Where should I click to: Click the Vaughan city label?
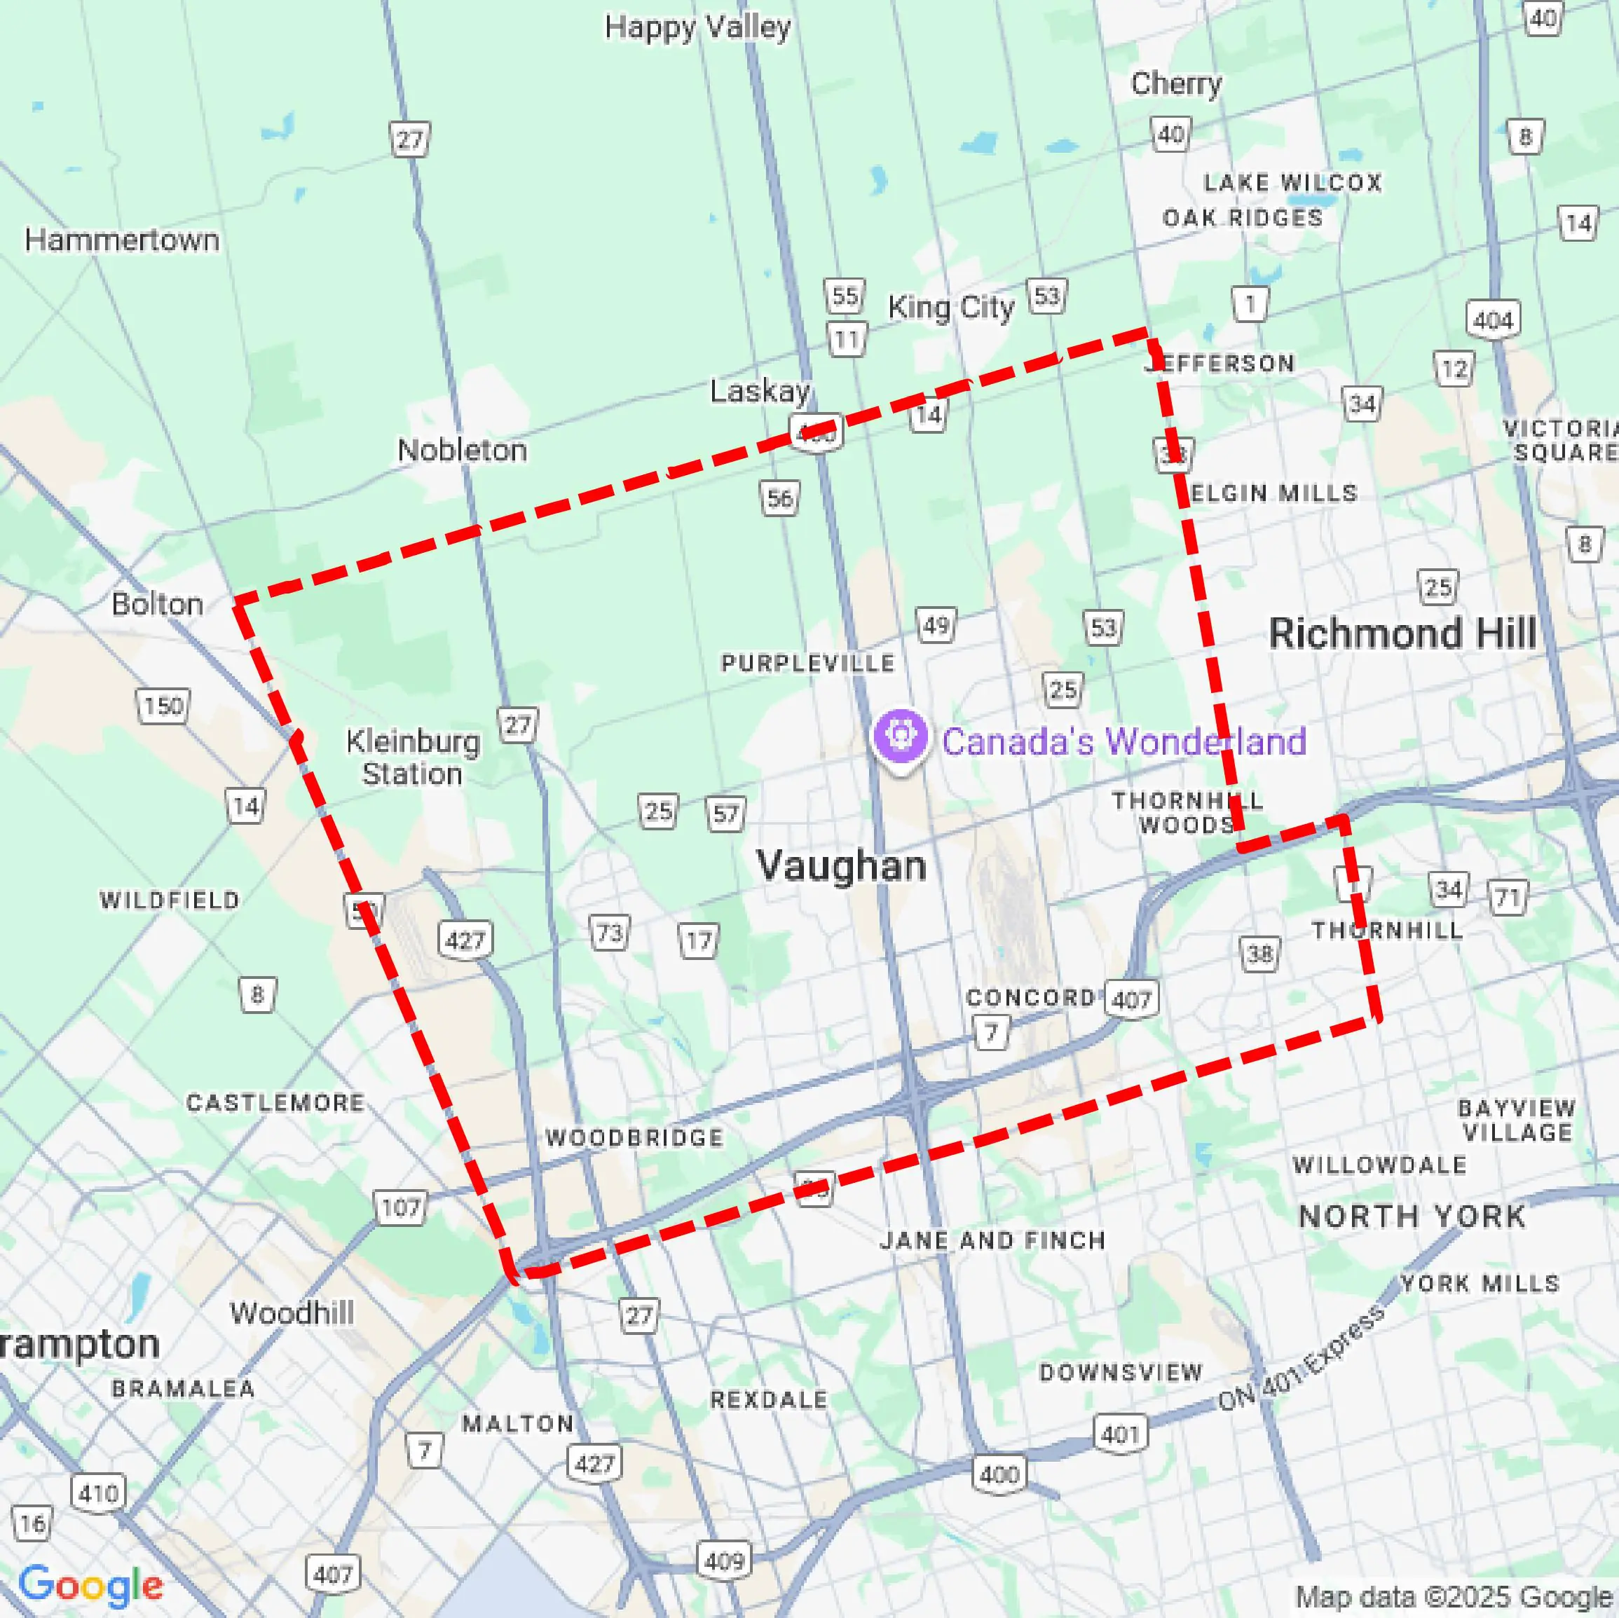coord(841,865)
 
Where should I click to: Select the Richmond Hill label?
coord(1402,633)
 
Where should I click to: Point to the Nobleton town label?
coord(462,450)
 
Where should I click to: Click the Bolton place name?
coord(158,604)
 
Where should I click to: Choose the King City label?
coord(950,308)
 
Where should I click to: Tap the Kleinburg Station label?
coord(413,757)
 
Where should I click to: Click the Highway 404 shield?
coord(1492,320)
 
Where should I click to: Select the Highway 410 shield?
coord(99,1493)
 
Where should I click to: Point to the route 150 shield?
coord(163,706)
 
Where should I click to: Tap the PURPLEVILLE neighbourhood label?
coord(808,664)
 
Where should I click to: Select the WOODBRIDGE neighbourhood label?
coord(634,1138)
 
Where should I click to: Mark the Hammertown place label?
coord(123,240)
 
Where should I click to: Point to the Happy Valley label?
coord(697,27)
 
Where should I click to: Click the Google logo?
coord(90,1584)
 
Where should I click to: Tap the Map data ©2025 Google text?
coord(1454,1597)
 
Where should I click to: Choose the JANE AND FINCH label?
coord(992,1240)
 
